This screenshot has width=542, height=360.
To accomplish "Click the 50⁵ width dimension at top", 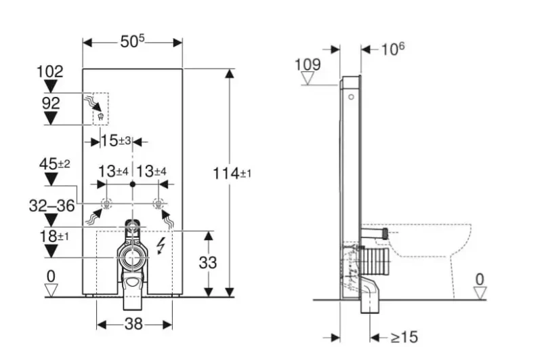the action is (132, 41).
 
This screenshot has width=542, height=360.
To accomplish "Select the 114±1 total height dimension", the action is (232, 173).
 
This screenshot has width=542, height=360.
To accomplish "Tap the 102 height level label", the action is (50, 72).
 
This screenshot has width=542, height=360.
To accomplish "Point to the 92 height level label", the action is (51, 103).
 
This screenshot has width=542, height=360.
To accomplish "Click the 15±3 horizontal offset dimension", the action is (116, 140).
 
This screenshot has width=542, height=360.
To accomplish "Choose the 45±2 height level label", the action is (55, 163).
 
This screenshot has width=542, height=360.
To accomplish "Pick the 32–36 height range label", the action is (52, 205).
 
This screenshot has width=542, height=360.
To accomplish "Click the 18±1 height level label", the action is (54, 236).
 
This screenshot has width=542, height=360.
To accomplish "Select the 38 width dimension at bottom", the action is (133, 324).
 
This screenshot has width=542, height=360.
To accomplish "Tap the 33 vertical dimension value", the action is (208, 262).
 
